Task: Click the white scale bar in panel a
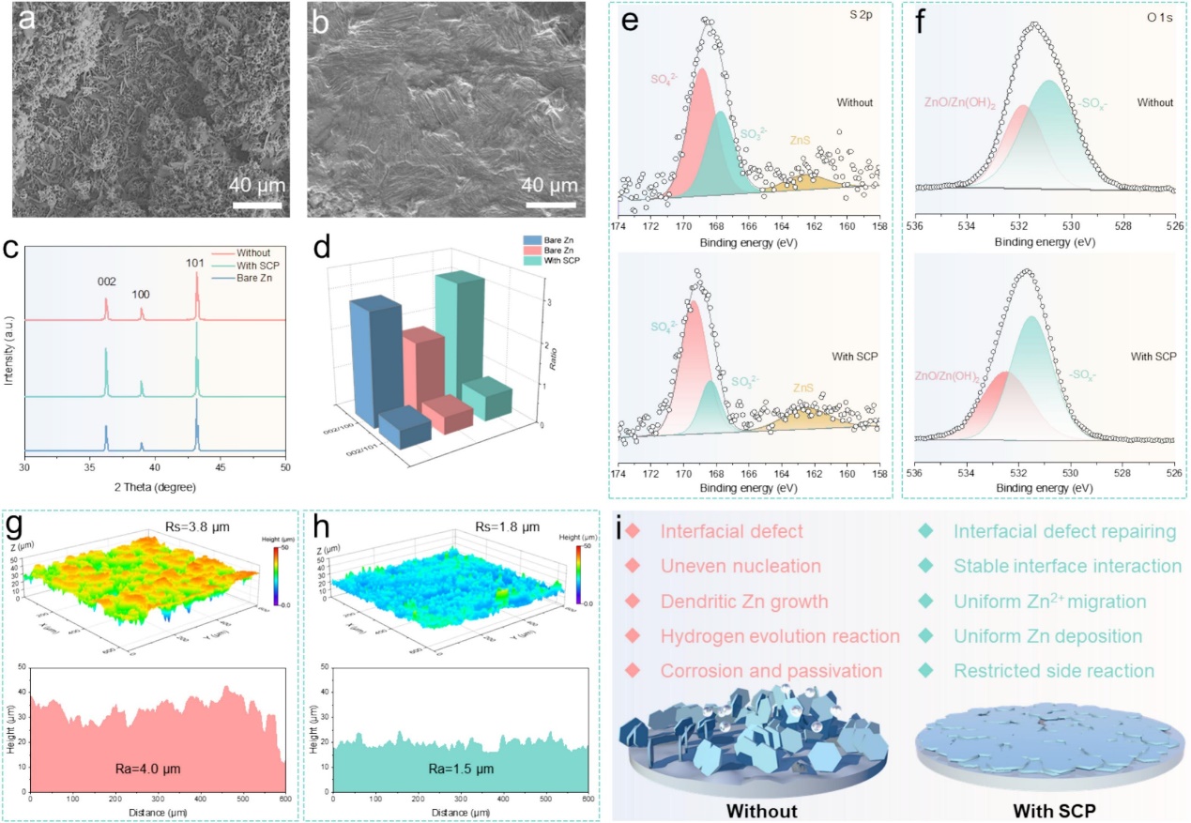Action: [x=256, y=203]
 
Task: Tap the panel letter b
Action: [x=321, y=18]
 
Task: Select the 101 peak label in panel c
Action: [x=197, y=262]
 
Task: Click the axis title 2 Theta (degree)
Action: [x=155, y=486]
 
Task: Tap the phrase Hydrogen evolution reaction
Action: [x=780, y=636]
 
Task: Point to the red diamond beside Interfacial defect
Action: [x=634, y=532]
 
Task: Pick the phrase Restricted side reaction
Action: [x=1054, y=671]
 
